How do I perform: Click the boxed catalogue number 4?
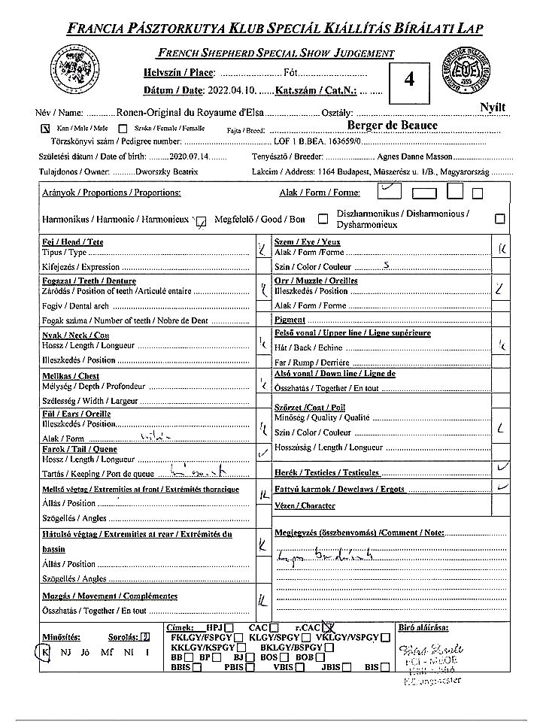tap(409, 80)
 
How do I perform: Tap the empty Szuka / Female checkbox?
tap(123, 128)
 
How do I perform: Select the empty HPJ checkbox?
tap(229, 628)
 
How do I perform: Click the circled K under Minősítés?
tap(44, 652)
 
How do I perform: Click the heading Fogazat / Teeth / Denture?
tap(86, 281)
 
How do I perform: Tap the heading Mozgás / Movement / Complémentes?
tap(110, 596)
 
